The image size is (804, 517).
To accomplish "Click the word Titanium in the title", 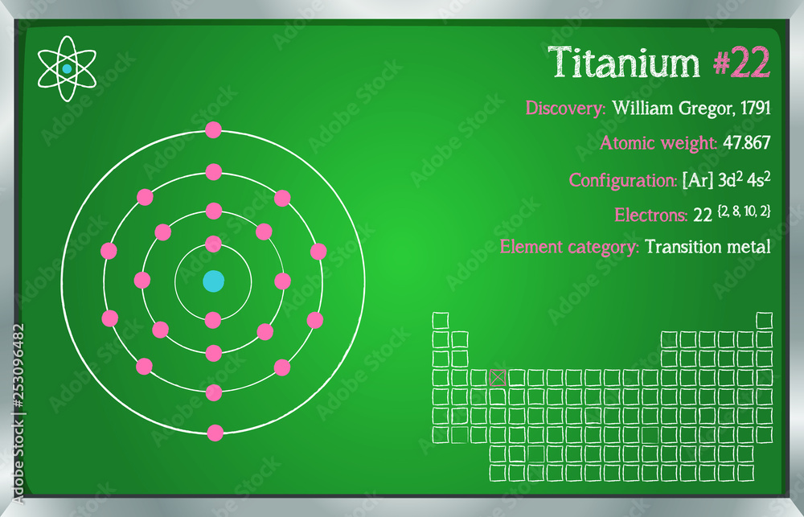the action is pyautogui.click(x=624, y=62).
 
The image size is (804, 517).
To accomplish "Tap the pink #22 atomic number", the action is pyautogui.click(x=741, y=62).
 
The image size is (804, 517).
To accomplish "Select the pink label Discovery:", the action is pyautogui.click(x=565, y=109).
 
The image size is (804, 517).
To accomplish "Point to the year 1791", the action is pyautogui.click(x=756, y=108).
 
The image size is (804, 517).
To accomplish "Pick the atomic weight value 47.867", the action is pyautogui.click(x=747, y=142).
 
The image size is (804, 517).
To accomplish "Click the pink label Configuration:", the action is pyautogui.click(x=623, y=181).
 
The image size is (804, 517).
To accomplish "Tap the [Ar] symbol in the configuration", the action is pyautogui.click(x=697, y=181).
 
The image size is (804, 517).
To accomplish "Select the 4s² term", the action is pyautogui.click(x=758, y=179).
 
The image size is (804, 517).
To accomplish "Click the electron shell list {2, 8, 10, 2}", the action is pyautogui.click(x=744, y=211).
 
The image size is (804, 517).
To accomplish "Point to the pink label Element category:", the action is pyautogui.click(x=569, y=247).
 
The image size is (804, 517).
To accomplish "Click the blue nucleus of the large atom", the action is pyautogui.click(x=213, y=281).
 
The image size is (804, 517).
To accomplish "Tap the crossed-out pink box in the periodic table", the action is pyautogui.click(x=498, y=377).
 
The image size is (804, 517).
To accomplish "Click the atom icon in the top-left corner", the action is pyautogui.click(x=67, y=68).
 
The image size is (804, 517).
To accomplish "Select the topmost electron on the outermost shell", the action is pyautogui.click(x=213, y=129).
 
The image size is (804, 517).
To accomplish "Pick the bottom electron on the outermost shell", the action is pyautogui.click(x=215, y=433).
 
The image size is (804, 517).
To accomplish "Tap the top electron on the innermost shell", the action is pyautogui.click(x=213, y=244).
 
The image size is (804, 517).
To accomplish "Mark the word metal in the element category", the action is pyautogui.click(x=753, y=247).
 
